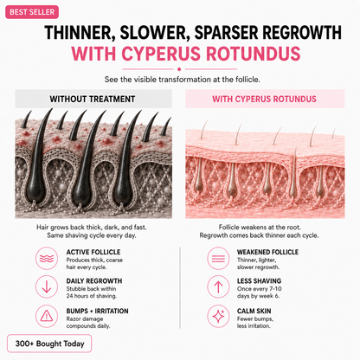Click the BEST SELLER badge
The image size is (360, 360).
pos(32,12)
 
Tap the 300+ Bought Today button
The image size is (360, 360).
pos(49,344)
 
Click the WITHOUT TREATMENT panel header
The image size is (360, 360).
pos(93,99)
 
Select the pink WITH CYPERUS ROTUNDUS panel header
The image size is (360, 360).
pos(265,99)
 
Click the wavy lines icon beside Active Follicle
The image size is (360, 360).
pos(47,259)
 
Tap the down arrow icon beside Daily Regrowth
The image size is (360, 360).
pos(47,287)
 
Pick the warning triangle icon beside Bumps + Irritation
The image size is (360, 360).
pos(47,316)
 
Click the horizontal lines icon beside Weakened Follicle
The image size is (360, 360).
pos(218,259)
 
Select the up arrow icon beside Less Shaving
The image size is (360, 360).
pos(218,287)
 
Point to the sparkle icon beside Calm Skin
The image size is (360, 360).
pos(218,316)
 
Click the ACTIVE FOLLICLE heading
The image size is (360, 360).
pos(93,252)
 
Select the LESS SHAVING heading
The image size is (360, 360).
pos(259,281)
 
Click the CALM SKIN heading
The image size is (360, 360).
pos(254,311)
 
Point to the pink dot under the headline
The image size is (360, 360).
pos(179,69)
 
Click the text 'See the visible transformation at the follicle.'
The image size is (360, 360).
pos(183,80)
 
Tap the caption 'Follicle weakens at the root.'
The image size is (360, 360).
pos(260,228)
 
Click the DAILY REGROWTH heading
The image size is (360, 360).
pos(94,281)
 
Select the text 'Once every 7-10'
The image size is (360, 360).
pos(259,289)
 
